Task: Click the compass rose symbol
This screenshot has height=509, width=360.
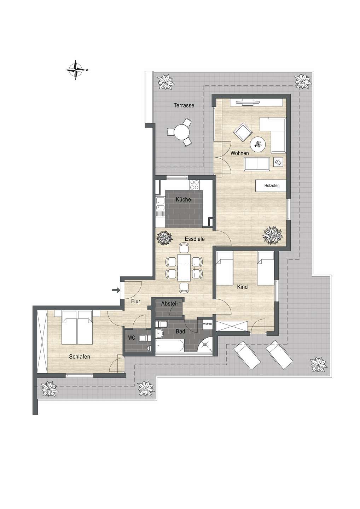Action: [x=75, y=70]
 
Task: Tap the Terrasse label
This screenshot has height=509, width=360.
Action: [x=184, y=105]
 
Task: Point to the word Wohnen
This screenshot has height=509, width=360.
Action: [x=239, y=153]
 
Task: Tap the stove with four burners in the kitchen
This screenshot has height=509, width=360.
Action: [x=195, y=184]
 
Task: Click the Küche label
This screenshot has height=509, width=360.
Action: [x=183, y=200]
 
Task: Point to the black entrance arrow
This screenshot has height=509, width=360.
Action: [x=115, y=290]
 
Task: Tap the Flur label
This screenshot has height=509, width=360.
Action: [x=135, y=302]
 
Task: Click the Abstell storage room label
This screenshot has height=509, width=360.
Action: [x=169, y=304]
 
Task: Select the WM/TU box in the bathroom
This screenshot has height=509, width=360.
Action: [x=207, y=324]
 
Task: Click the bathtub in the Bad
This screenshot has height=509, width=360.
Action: [x=169, y=346]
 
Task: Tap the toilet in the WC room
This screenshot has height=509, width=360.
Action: [x=143, y=338]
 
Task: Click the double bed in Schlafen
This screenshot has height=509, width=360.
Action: [x=77, y=327]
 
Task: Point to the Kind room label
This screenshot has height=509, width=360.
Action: [x=242, y=287]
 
